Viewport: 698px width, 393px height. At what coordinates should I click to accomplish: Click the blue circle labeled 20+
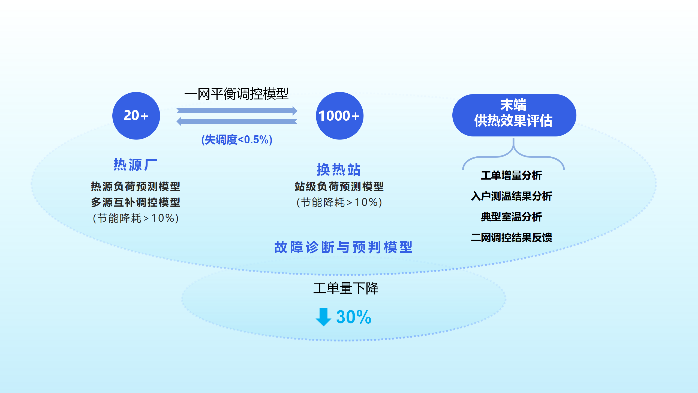point(136,116)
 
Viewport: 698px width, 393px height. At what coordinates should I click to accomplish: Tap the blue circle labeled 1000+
point(339,116)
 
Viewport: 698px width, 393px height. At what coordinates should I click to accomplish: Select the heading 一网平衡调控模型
point(236,94)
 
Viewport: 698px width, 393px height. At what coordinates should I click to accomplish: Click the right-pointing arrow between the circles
point(237,111)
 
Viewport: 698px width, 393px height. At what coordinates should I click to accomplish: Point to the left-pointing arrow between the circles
point(237,121)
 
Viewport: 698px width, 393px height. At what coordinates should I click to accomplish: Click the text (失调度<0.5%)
point(237,140)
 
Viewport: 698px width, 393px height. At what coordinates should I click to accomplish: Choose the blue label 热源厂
point(135,165)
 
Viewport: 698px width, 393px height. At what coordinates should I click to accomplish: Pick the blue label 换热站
point(339,170)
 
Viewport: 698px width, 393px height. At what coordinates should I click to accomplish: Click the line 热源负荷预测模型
point(136,187)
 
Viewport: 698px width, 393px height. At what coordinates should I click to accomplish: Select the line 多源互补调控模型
point(136,203)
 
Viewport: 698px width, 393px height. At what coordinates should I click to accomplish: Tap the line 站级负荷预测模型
point(339,187)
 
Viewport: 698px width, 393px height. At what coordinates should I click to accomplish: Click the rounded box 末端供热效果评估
point(514,115)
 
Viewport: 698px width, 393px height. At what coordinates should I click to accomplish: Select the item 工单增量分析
point(512,175)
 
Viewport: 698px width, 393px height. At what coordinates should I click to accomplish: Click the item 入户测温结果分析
point(512,196)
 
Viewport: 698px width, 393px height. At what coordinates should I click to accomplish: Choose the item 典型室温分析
point(512,217)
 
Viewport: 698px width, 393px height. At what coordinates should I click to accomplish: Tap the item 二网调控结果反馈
point(512,238)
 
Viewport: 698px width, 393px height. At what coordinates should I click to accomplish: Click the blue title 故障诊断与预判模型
point(343,247)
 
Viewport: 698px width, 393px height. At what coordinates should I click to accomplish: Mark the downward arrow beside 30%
point(323,317)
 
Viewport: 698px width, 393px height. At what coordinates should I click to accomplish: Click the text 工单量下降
point(346,288)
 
